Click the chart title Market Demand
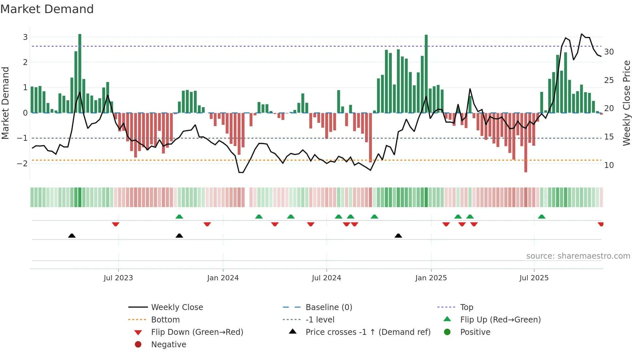(x=47, y=9)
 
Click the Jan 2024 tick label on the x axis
(x=223, y=278)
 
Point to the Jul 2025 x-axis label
(x=534, y=278)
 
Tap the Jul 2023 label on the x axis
(x=118, y=278)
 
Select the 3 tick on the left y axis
(x=25, y=37)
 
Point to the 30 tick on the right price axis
(x=609, y=52)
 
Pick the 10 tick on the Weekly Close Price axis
(x=609, y=165)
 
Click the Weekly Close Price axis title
(x=626, y=103)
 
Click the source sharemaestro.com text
(x=578, y=256)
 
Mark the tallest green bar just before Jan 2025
(x=426, y=74)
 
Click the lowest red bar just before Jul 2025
(x=526, y=142)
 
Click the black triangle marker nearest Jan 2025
(x=398, y=236)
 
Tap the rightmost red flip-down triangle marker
(x=600, y=224)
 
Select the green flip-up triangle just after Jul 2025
(x=541, y=217)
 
